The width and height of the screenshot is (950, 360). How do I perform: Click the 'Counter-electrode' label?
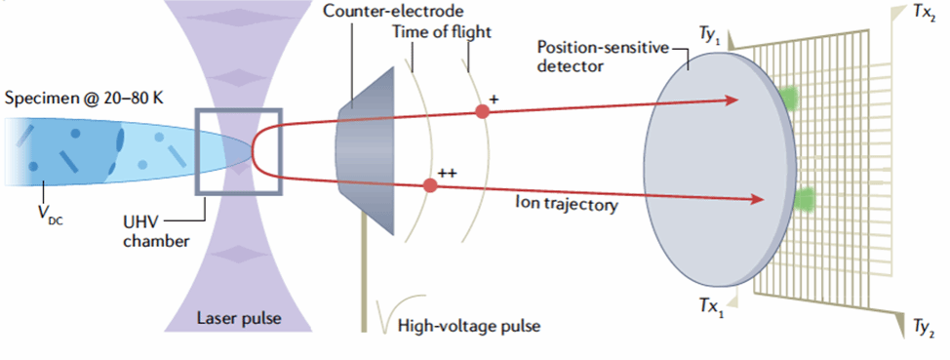pyautogui.click(x=393, y=11)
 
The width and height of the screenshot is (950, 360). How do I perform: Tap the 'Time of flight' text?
pyautogui.click(x=441, y=31)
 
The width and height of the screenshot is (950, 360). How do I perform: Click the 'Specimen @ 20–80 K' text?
pyautogui.click(x=84, y=97)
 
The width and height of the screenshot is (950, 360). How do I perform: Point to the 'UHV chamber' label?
pyautogui.click(x=156, y=233)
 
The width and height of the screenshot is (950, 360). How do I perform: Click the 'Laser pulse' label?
pyautogui.click(x=239, y=318)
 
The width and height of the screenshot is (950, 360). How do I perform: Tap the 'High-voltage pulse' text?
pyautogui.click(x=468, y=327)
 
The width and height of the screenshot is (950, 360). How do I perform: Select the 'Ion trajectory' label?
pyautogui.click(x=567, y=205)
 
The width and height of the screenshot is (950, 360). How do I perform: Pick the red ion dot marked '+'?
pyautogui.click(x=482, y=111)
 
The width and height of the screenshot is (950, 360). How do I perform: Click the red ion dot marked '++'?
pyautogui.click(x=430, y=185)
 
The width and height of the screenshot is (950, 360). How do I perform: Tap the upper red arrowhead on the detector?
pyautogui.click(x=731, y=100)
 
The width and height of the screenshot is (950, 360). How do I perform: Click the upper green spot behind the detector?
pyautogui.click(x=789, y=97)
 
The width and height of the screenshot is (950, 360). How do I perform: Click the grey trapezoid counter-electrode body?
pyautogui.click(x=366, y=151)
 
